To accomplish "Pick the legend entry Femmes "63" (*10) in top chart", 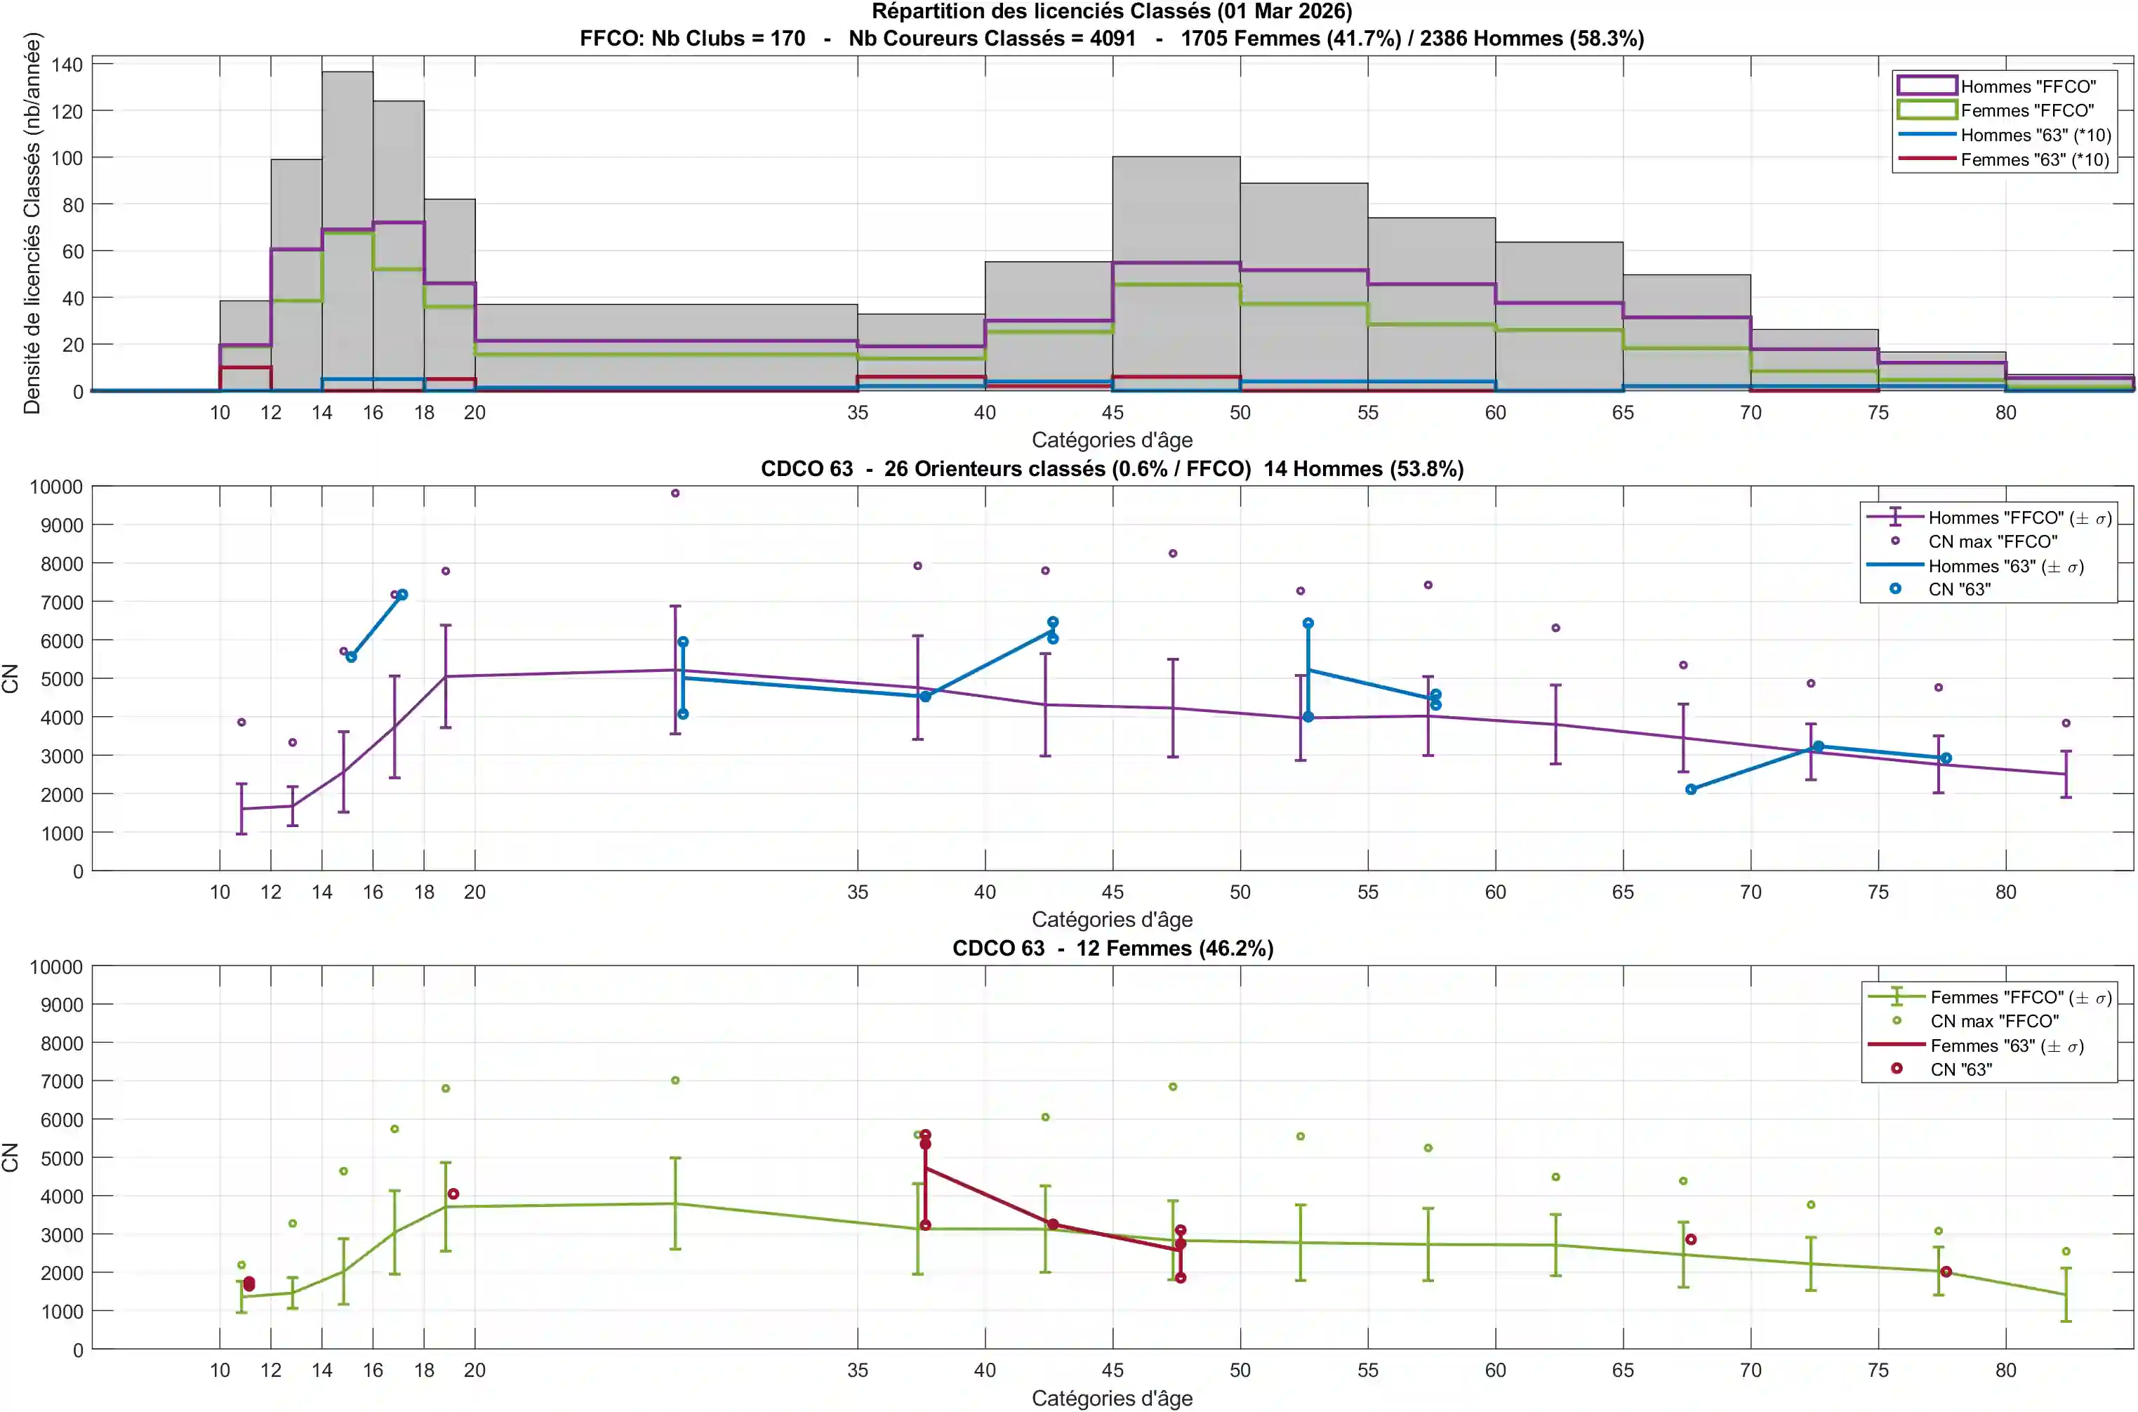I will pos(2035,160).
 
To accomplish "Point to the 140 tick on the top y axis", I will pos(67,65).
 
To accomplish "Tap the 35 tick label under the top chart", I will pos(857,412).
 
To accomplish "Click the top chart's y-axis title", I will pos(32,223).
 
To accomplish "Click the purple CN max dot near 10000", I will pos(675,494).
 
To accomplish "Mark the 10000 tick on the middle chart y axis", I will pos(56,487).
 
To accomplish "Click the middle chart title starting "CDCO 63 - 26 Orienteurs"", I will pos(1112,469).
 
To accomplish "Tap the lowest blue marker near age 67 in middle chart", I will pos(1691,790).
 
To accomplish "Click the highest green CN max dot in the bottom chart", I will pos(675,1081).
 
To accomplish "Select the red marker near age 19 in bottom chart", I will pos(453,1194).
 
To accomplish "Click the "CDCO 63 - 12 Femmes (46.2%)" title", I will pos(1113,948).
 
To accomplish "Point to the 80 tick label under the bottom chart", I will pos(2005,1371).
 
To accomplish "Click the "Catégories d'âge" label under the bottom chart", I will pos(1112,1399).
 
